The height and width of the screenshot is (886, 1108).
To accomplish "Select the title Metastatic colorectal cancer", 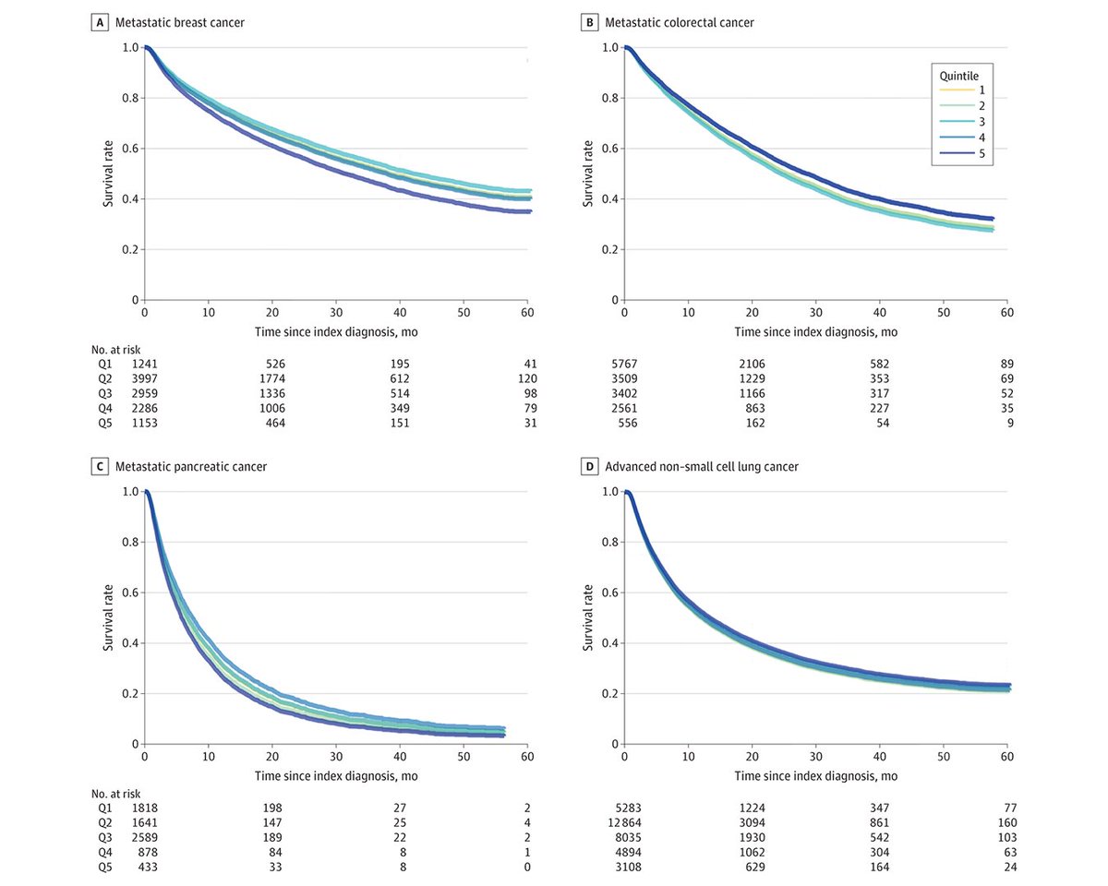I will click(679, 22).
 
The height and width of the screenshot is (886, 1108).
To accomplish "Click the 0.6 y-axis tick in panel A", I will click(130, 149).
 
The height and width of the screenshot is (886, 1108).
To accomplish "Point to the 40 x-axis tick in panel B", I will click(879, 313).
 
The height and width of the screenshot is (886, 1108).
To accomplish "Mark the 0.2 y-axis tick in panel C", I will click(130, 693).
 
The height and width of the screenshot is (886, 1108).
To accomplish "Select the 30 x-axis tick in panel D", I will click(815, 757).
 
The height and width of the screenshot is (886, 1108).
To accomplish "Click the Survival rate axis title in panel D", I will click(587, 617).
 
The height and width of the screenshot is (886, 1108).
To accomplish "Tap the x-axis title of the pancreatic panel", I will click(335, 776).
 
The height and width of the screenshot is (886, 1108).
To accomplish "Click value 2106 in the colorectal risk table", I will click(751, 365).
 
